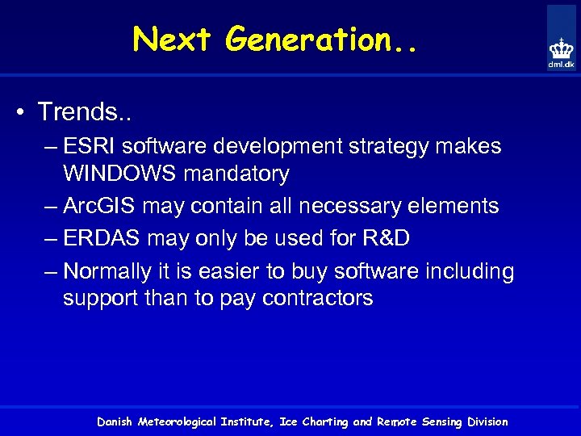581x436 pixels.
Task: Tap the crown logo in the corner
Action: point(561,47)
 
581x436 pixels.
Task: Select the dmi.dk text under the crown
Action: point(562,64)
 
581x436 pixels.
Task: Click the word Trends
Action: point(80,111)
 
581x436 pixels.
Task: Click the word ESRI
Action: point(88,147)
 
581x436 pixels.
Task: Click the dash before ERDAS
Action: point(51,239)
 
